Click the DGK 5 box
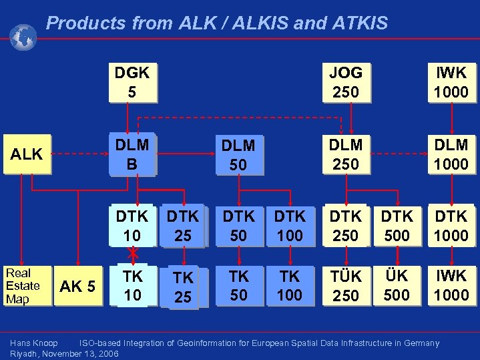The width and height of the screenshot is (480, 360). [132, 82]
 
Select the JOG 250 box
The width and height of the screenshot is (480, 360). [346, 82]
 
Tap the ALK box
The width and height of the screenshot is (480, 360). [27, 154]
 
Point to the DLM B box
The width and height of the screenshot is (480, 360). [132, 154]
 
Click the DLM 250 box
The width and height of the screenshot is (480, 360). [346, 154]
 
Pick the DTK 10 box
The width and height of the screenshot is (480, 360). [132, 226]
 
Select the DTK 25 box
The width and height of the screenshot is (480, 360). [183, 226]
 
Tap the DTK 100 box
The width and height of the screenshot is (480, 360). [290, 226]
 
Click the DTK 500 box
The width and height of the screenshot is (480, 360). [397, 226]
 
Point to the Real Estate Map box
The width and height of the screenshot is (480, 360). [23, 286]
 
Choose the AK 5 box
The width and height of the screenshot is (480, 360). [78, 287]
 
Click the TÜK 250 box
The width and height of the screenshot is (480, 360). [346, 286]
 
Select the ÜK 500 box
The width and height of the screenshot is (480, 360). [397, 286]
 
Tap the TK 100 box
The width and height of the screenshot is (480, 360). [290, 286]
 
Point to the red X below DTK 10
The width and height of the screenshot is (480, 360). [133, 253]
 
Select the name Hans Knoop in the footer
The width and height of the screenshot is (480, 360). [34, 343]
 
